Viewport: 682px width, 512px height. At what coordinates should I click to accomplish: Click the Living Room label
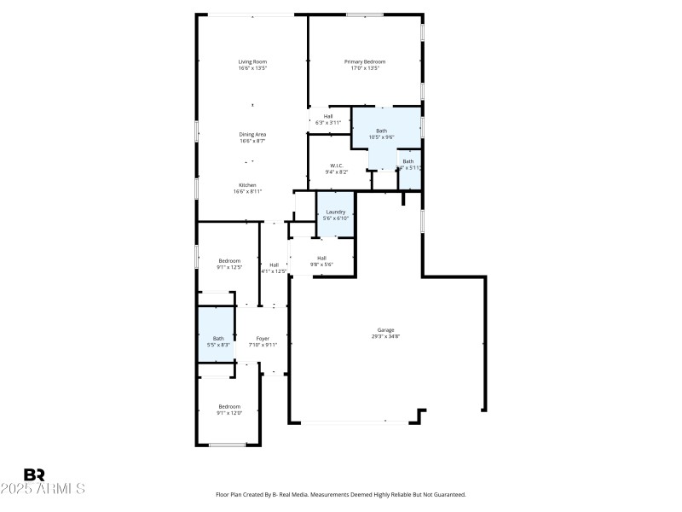pyautogui.click(x=252, y=61)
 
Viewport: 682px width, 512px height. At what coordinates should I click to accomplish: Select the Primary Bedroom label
pyautogui.click(x=365, y=61)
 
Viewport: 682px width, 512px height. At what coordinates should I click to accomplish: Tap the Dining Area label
pyautogui.click(x=252, y=134)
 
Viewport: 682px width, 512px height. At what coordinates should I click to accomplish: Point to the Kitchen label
pyautogui.click(x=247, y=185)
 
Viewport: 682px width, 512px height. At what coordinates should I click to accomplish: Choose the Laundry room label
pyautogui.click(x=335, y=212)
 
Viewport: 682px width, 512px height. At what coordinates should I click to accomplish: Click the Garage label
pyautogui.click(x=386, y=329)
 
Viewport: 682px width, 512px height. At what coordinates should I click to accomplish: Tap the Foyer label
pyautogui.click(x=263, y=339)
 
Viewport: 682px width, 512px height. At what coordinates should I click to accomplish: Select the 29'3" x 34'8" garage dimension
pyautogui.click(x=386, y=336)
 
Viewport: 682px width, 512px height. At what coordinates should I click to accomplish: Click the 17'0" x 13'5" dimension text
pyautogui.click(x=365, y=68)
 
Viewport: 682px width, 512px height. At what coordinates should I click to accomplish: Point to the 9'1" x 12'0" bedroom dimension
pyautogui.click(x=228, y=413)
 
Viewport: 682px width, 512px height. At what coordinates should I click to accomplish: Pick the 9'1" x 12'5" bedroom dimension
pyautogui.click(x=228, y=267)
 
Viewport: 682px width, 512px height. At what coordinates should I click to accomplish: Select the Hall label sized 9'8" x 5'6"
pyautogui.click(x=321, y=258)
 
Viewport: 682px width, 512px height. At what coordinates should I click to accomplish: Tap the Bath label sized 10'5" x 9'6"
pyautogui.click(x=381, y=131)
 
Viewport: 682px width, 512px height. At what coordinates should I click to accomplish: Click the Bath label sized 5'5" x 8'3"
pyautogui.click(x=219, y=339)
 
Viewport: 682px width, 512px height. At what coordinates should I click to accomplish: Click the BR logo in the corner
pyautogui.click(x=34, y=474)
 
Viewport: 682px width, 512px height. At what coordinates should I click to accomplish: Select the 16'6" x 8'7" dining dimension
pyautogui.click(x=252, y=141)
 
